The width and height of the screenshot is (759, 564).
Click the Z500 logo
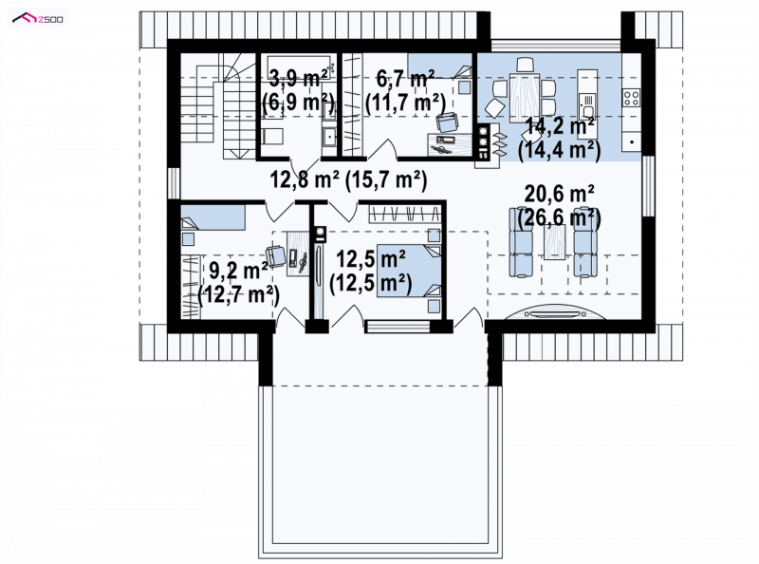38,18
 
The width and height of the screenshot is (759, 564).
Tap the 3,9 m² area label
298,78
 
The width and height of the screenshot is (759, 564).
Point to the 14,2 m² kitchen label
560,127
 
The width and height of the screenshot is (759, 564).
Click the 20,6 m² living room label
560,195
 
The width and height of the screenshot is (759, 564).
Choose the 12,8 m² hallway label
304,179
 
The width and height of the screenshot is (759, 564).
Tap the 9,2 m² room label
239,271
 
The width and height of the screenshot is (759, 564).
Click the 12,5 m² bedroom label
371,260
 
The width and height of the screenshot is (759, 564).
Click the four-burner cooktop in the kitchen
631,98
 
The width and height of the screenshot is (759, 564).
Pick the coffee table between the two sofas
554,242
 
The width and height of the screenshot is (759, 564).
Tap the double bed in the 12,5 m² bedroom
409,271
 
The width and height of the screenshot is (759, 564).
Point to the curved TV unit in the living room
555,311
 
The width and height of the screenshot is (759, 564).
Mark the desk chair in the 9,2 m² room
275,256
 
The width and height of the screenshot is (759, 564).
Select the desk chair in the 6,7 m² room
446,122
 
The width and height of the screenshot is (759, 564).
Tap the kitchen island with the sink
587,103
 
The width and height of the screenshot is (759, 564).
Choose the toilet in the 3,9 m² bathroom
269,136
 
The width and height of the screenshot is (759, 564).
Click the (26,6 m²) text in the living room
560,217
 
